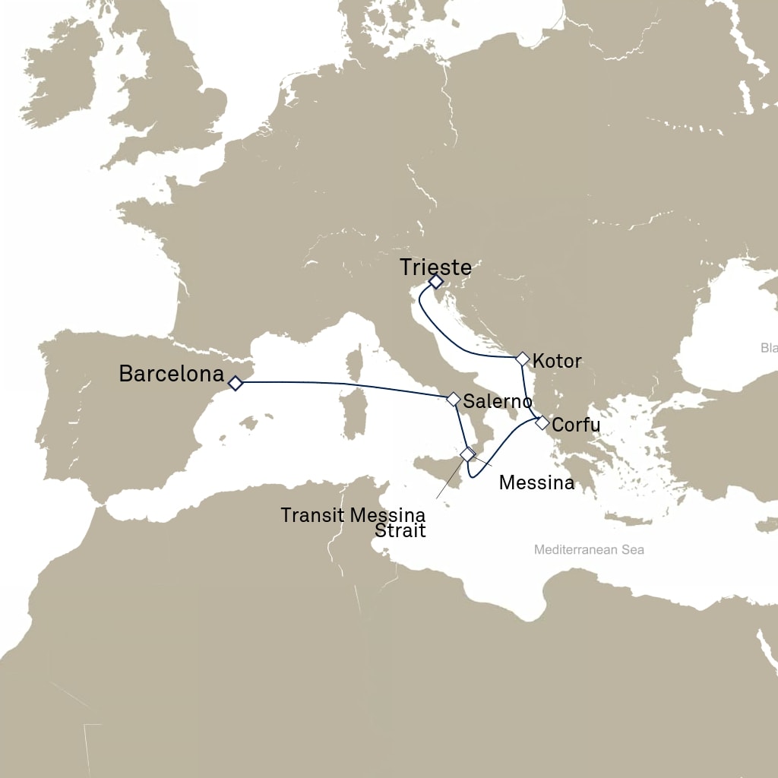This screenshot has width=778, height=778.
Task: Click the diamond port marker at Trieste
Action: (x=435, y=282)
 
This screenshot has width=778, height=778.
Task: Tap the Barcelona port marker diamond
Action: (x=236, y=384)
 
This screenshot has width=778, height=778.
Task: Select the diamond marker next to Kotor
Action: (x=522, y=358)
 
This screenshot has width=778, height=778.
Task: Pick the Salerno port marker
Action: (x=454, y=398)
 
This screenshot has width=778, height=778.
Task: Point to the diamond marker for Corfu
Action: (x=542, y=423)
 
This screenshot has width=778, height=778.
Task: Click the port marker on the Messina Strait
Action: (x=467, y=454)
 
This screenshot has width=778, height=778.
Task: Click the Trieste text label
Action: (x=435, y=267)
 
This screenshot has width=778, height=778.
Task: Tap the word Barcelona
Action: (x=172, y=373)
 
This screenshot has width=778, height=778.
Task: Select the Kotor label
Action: (x=557, y=360)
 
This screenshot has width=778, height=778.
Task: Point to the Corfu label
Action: (x=576, y=425)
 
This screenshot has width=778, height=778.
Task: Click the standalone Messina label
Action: (x=536, y=482)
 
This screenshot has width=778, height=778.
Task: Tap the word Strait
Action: (x=400, y=531)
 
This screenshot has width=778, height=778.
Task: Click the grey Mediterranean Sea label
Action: (x=589, y=549)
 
